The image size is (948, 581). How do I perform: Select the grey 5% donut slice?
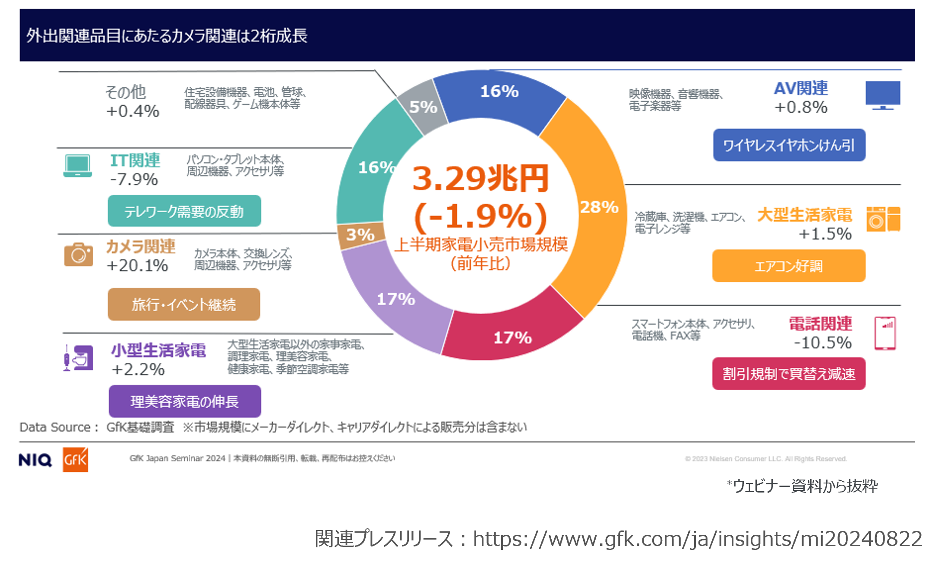click(422, 107)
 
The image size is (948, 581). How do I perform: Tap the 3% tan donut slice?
click(360, 235)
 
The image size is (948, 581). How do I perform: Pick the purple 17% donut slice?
click(395, 299)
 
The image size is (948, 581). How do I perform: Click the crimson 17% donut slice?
click(512, 337)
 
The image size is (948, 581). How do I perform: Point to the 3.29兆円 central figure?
click(480, 179)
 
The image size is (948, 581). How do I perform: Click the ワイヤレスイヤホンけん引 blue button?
click(789, 145)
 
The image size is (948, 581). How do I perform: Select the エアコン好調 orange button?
click(788, 266)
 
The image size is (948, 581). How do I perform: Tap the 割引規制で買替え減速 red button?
click(788, 374)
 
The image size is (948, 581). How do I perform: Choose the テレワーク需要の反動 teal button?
click(184, 211)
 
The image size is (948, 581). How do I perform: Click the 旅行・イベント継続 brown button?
click(184, 304)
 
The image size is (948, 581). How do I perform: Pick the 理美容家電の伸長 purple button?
click(185, 401)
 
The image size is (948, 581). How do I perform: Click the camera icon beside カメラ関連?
click(79, 255)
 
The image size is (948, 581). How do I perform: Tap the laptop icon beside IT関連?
click(78, 166)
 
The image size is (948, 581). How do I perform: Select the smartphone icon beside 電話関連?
click(885, 333)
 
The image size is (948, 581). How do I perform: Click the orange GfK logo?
click(76, 460)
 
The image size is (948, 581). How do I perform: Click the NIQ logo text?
click(35, 460)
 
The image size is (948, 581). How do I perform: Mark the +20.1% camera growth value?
click(137, 265)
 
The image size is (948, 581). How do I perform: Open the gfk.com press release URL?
click(697, 539)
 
